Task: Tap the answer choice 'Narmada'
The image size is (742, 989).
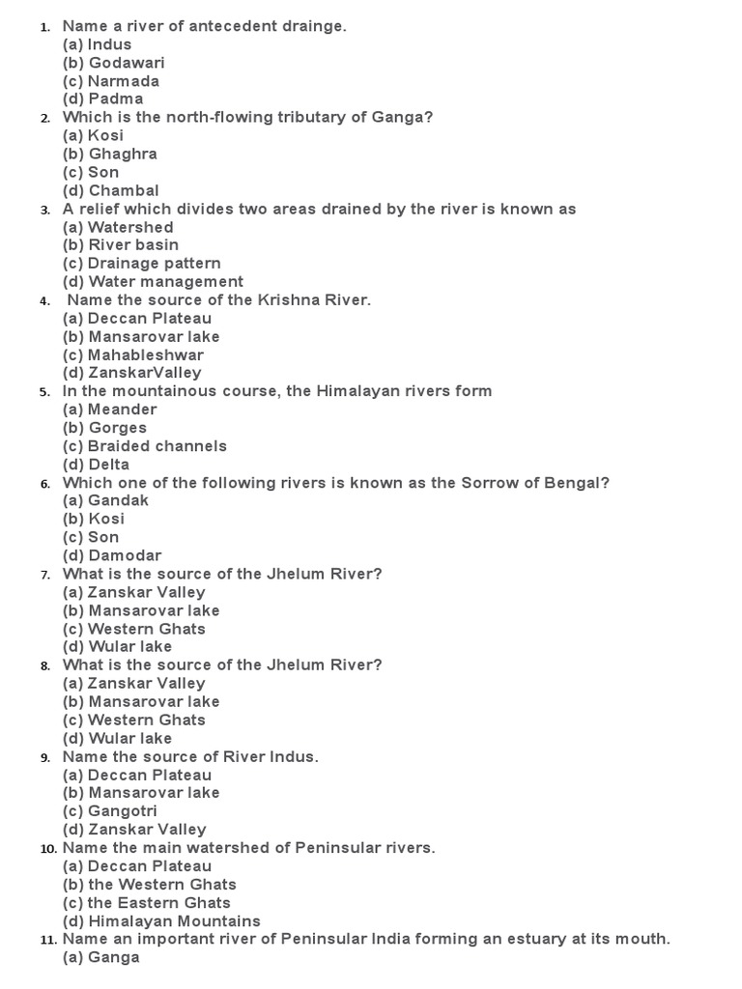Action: [124, 81]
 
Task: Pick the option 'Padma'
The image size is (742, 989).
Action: [115, 99]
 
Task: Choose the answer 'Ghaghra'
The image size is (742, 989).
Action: [123, 154]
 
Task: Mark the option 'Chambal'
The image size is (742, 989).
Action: [124, 190]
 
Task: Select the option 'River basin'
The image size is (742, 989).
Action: [133, 244]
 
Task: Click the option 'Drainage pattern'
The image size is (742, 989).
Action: [154, 263]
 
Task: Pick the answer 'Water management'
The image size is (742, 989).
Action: [165, 281]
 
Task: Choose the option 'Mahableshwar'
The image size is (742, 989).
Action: [146, 354]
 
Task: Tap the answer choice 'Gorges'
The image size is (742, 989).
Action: [117, 427]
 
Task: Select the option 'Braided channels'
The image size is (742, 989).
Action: [157, 445]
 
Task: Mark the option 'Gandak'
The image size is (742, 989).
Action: [118, 500]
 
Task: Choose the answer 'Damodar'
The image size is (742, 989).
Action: [125, 555]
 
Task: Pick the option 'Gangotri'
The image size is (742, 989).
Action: [122, 810]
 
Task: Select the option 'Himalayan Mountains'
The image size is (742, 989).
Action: [174, 920]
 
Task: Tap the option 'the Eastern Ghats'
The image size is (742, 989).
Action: [159, 902]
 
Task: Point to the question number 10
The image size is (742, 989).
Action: [48, 848]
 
